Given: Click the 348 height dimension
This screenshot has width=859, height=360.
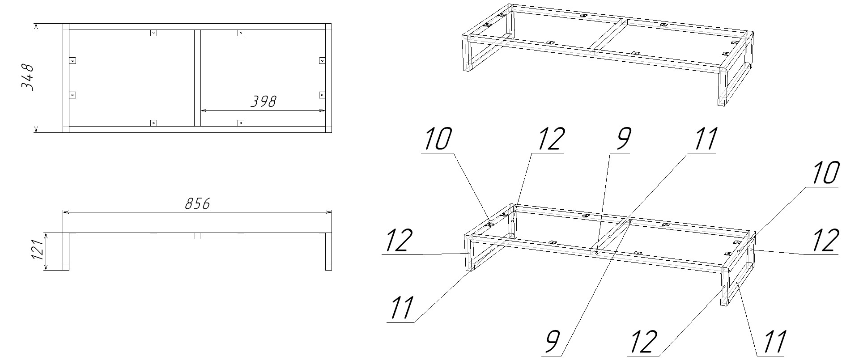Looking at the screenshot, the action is coord(28,77).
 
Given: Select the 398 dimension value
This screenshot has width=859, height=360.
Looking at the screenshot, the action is coord(263,102).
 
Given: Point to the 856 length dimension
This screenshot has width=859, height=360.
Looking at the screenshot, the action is coord(197,203).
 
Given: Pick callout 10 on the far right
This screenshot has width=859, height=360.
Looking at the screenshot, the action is coord(823,173).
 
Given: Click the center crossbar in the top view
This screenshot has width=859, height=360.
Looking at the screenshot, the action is coord(197,78).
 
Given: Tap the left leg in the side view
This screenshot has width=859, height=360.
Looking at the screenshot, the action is coord(66,251).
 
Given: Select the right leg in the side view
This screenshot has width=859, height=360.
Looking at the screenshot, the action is coord(328,251).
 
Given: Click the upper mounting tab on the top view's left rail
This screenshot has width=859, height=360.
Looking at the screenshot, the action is coord(72,60).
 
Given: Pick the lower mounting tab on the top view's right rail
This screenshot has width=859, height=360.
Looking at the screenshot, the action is coord(322,95).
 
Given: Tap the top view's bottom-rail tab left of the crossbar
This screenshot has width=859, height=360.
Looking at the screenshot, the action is coord(153,123).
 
